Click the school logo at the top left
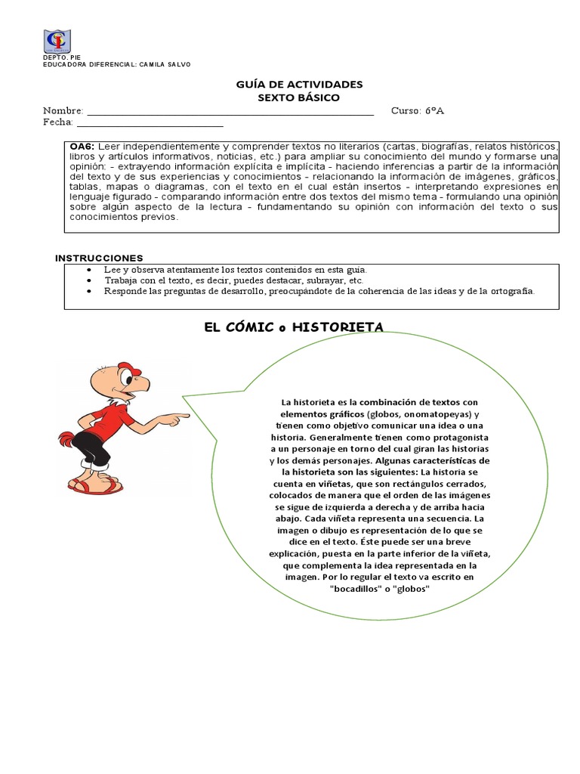pos(57,42)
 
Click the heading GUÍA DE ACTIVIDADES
pos(299,85)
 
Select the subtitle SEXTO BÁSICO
pos(299,98)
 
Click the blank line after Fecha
pos(150,124)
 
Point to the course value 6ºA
pos(434,111)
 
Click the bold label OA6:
pos(82,146)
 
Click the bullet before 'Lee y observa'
pos(91,270)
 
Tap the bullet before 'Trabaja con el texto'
pos(91,280)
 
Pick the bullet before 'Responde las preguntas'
pos(91,291)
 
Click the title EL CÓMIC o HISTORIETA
pos(294,327)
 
